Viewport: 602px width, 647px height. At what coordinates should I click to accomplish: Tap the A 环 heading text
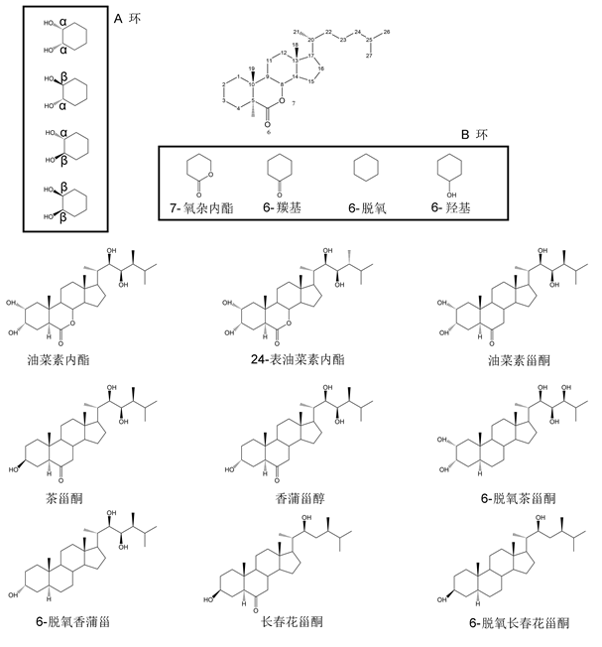click(x=128, y=19)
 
